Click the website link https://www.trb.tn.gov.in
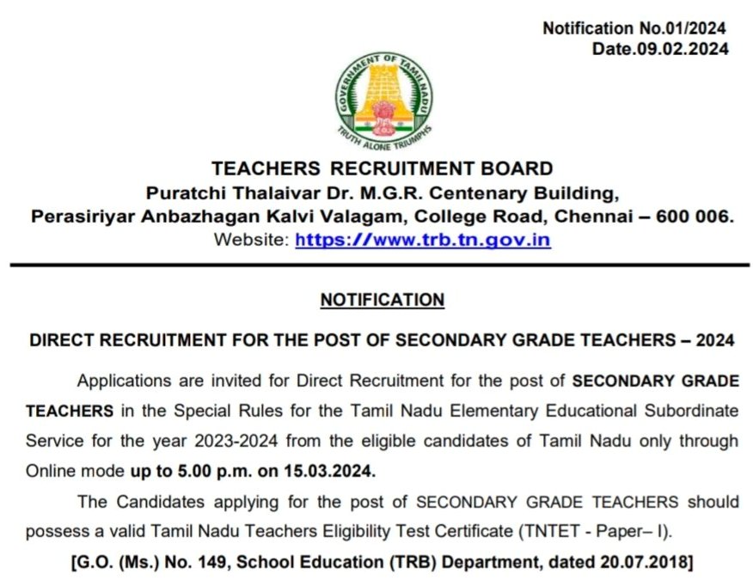tap(422, 241)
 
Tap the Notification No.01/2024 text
tap(634, 28)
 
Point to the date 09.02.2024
tap(683, 49)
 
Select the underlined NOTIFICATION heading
tap(382, 300)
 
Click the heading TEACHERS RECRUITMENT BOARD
tap(382, 168)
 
